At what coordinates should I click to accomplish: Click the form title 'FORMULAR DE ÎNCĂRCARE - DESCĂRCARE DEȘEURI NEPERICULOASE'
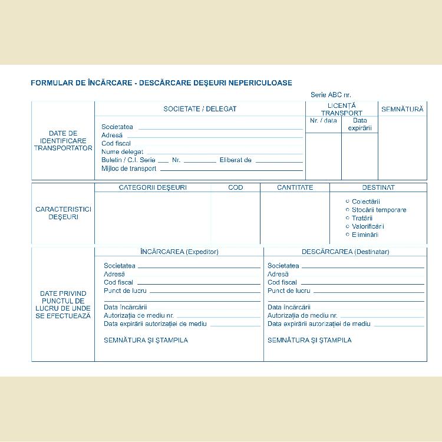point(161,83)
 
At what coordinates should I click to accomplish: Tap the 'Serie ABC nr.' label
point(331,95)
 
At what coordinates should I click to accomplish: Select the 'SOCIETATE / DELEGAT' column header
point(200,109)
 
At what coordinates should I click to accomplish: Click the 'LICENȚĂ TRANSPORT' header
point(342,109)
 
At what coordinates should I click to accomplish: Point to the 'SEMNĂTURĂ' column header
point(403,109)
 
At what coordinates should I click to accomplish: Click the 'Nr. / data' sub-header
point(324,121)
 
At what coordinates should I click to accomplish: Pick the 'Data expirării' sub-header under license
point(359,124)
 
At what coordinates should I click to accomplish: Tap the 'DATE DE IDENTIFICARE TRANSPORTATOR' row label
point(63,141)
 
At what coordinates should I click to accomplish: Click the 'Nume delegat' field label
point(122,151)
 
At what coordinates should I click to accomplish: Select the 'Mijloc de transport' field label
point(129,169)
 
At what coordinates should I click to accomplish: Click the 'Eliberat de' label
point(235,160)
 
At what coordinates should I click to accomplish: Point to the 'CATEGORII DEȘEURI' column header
point(153,187)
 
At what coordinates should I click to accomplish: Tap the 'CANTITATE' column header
point(295,187)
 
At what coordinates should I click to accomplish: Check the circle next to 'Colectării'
point(348,201)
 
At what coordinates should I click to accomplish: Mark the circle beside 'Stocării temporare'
point(348,209)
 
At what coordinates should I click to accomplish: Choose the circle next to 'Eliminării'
point(348,234)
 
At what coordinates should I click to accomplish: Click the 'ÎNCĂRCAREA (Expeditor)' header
point(179,252)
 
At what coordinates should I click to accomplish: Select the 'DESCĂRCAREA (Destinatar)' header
point(345,252)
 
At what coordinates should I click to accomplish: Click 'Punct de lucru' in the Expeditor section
point(125,291)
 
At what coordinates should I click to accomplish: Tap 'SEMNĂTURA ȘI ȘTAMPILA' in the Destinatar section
point(309,340)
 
